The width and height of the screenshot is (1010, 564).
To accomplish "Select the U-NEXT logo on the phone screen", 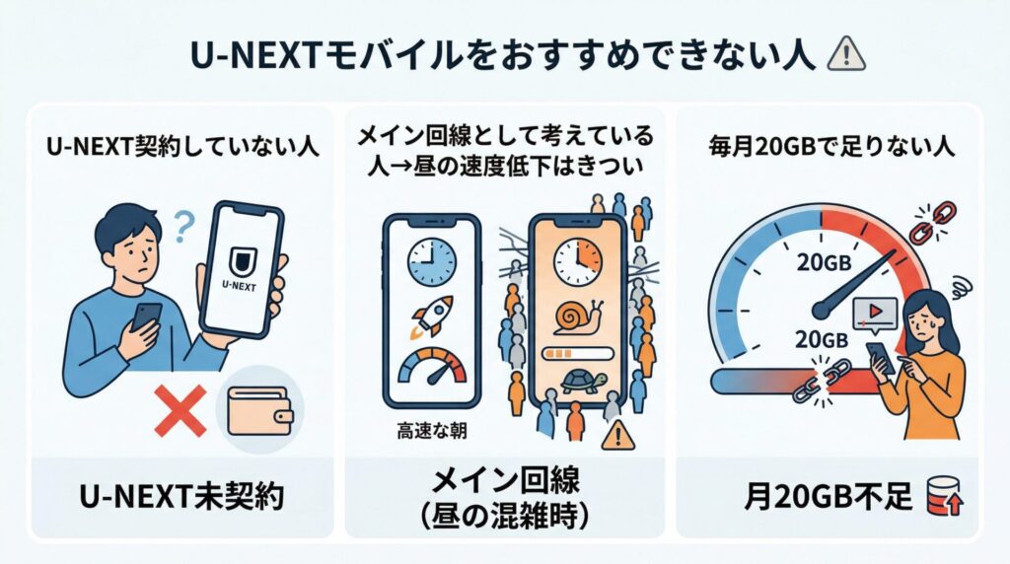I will tap(239, 265).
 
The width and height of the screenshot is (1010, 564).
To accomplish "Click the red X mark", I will tap(180, 410).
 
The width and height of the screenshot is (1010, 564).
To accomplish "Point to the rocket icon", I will tap(431, 316).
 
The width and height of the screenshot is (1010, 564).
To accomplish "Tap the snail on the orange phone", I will tap(575, 317).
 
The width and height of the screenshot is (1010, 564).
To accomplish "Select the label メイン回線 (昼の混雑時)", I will tap(504, 498).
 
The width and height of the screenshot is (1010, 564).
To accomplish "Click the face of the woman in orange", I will tap(929, 316).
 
